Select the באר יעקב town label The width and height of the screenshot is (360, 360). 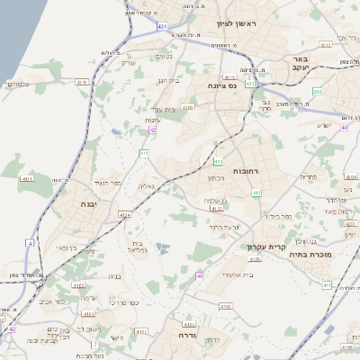[300, 63]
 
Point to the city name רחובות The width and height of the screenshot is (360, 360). [245, 169]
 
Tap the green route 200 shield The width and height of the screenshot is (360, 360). [318, 91]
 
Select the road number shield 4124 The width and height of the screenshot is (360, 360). [123, 215]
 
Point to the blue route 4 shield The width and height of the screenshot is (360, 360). [30, 243]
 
